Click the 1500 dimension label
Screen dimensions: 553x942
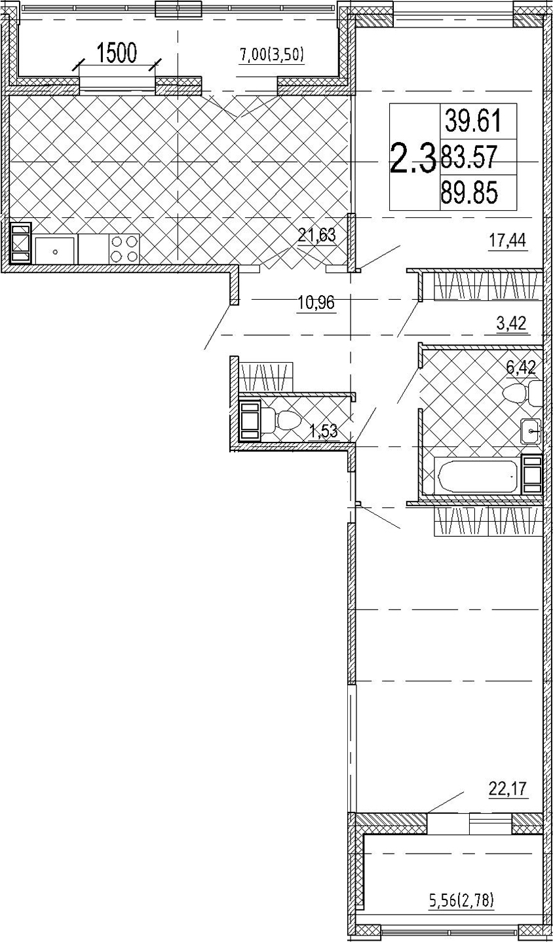[117, 54]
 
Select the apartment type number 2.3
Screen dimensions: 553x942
[412, 158]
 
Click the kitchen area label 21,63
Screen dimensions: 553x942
[316, 235]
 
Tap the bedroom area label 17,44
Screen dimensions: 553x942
[508, 242]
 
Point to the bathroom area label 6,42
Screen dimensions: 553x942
[521, 367]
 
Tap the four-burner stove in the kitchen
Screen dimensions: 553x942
[124, 249]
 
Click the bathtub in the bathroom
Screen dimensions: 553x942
[477, 477]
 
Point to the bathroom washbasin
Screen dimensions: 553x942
[531, 431]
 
